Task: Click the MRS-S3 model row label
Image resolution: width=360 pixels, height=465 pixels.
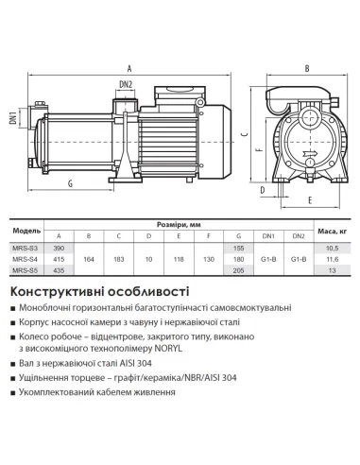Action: point(26,247)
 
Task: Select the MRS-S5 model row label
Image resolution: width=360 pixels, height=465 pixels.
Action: point(26,270)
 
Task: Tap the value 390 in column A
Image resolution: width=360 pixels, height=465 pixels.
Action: point(60,247)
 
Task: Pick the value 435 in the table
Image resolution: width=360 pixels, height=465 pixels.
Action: point(60,270)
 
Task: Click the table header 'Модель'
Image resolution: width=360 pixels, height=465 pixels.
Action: point(26,230)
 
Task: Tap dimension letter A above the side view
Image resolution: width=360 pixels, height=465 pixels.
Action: point(129,67)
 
